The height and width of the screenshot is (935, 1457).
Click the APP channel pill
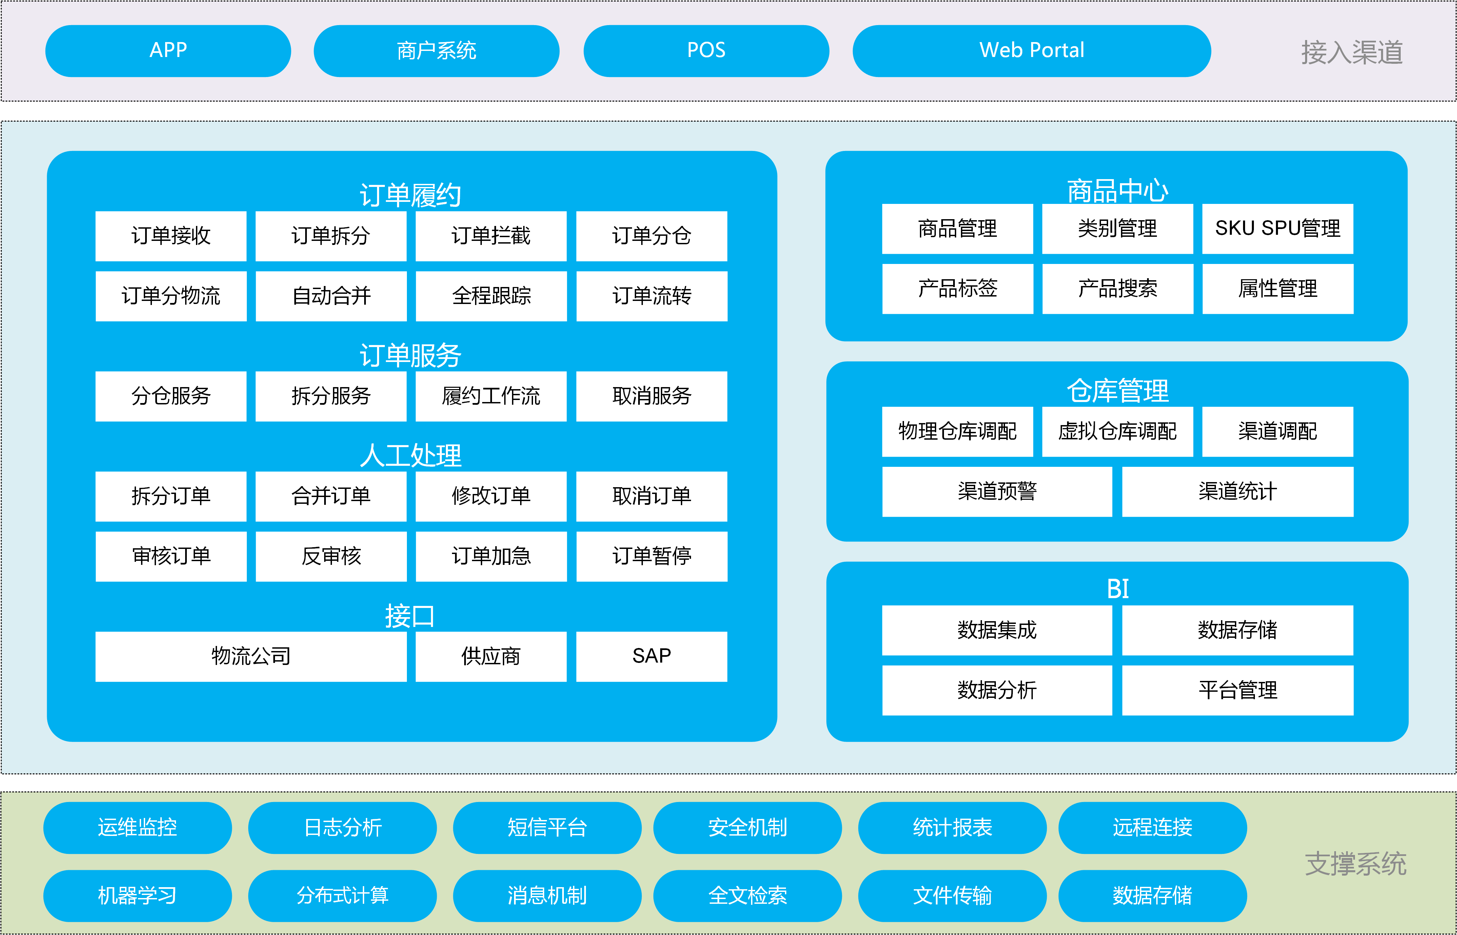[168, 51]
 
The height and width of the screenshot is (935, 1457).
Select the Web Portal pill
[1031, 51]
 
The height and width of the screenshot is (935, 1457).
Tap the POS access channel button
[706, 51]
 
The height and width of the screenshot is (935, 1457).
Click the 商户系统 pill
[436, 51]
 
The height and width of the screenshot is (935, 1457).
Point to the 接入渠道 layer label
[1352, 52]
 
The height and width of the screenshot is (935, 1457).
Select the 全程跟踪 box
[491, 296]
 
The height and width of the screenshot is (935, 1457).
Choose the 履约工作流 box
[491, 396]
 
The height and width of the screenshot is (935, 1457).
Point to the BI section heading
[1118, 588]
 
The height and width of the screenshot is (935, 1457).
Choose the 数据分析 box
[997, 690]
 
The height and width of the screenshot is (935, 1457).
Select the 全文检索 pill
[748, 896]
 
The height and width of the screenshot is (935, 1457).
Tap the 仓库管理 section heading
[1118, 390]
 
